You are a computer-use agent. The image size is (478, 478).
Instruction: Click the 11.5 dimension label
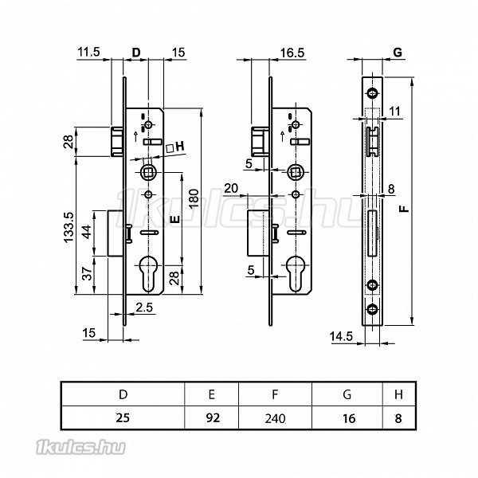[88, 52]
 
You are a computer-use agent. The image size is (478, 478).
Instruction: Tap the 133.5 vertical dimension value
[69, 227]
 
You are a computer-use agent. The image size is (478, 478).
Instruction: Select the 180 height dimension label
[194, 198]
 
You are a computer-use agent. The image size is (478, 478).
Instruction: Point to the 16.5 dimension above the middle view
[292, 53]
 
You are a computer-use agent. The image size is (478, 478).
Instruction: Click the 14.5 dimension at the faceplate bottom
[341, 336]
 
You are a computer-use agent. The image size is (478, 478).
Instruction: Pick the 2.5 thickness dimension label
[144, 308]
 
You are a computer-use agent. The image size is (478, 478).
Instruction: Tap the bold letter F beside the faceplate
[404, 209]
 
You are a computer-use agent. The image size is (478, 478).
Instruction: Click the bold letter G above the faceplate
[398, 53]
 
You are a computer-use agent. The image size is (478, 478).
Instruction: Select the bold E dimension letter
[175, 219]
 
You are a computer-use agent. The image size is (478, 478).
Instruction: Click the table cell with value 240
[275, 418]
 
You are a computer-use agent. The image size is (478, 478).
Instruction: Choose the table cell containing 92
[213, 417]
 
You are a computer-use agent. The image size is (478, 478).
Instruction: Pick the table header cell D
[123, 394]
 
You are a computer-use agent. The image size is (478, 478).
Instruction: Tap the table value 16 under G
[349, 418]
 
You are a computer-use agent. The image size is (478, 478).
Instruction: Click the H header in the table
[398, 394]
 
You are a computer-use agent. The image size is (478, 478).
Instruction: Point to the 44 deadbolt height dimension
[87, 232]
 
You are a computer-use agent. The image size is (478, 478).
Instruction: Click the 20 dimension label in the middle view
[231, 188]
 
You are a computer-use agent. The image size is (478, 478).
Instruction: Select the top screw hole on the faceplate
[372, 93]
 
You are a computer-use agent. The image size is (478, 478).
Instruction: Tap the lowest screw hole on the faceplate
[372, 310]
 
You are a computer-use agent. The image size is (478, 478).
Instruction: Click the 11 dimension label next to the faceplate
[394, 111]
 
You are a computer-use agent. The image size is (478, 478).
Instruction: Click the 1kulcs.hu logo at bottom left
[80, 447]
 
